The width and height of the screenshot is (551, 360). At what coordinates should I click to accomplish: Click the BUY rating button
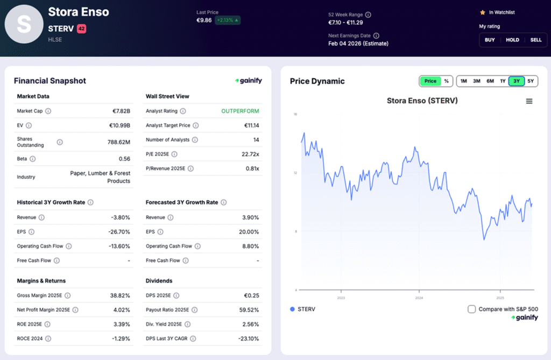click(490, 40)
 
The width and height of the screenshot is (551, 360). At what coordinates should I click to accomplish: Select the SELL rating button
click(535, 40)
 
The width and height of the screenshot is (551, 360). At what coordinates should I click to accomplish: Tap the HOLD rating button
click(512, 40)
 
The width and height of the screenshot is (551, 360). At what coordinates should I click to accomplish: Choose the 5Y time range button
click(531, 81)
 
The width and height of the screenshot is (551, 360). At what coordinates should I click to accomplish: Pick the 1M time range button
click(463, 81)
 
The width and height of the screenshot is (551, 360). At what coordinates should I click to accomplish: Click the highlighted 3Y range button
click(517, 81)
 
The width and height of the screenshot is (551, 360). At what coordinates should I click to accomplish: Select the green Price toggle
click(430, 81)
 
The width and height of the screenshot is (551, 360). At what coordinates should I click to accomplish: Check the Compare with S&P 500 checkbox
click(472, 309)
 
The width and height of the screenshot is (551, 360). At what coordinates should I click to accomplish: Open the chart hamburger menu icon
click(529, 101)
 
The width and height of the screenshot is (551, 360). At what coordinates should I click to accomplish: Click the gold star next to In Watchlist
click(482, 12)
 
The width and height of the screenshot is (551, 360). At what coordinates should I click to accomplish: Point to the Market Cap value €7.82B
click(119, 111)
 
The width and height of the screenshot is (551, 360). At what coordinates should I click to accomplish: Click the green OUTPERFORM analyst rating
click(240, 111)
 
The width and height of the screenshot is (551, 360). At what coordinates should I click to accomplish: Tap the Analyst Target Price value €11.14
click(250, 125)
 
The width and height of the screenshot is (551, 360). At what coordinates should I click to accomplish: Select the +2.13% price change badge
click(227, 20)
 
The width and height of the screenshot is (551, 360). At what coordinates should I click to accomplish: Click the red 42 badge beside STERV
click(81, 29)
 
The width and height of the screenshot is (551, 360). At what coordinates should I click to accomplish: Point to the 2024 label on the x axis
click(419, 298)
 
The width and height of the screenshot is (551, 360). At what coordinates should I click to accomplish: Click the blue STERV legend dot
click(292, 309)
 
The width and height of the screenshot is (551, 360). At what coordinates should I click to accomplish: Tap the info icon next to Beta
click(33, 159)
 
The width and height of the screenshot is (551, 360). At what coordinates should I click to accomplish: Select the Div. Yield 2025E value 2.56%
click(250, 324)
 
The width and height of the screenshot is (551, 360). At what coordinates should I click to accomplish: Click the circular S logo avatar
click(24, 24)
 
